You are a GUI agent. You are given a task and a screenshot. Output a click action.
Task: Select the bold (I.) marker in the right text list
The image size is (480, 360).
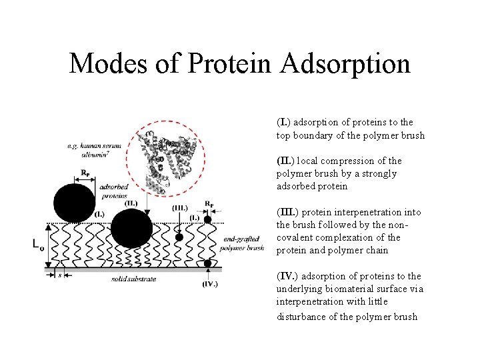pos(283,123)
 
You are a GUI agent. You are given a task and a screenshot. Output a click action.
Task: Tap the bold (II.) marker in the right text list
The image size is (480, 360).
pos(285,161)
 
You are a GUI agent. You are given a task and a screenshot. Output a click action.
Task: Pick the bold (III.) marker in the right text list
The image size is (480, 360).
pos(287,213)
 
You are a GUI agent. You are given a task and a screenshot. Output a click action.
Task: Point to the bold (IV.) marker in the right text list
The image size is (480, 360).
pos(287,277)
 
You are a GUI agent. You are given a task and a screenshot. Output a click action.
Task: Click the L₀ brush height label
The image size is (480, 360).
pos(39,245)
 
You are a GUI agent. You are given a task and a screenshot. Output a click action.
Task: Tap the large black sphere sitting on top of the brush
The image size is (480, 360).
pos(73,201)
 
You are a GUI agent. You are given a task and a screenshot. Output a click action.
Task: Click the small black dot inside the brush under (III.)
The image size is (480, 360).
pos(179,237)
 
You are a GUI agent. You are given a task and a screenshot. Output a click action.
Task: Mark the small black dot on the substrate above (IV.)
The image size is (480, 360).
pos(208,264)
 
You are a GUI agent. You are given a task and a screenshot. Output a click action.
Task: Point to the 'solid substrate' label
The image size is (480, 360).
pos(134,279)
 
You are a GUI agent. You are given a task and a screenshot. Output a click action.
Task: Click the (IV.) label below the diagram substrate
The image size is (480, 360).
pos(209,284)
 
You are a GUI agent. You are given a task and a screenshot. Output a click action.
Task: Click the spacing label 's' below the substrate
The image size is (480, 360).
pos(59,274)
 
